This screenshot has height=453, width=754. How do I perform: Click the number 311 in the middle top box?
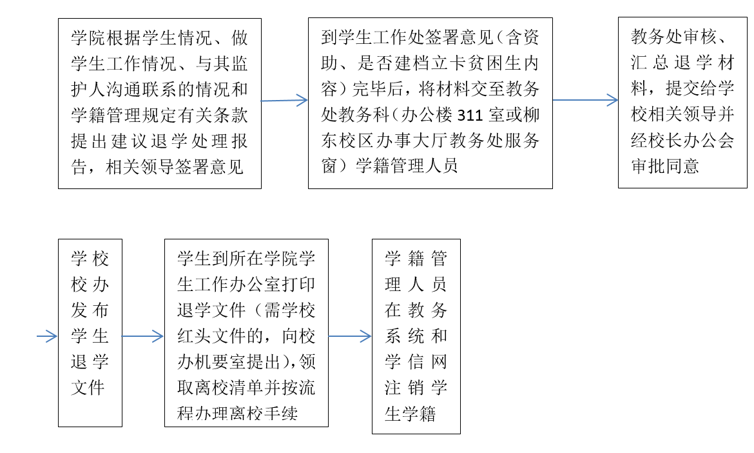click(x=469, y=115)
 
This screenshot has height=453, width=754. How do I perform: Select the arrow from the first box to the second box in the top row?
click(x=284, y=100)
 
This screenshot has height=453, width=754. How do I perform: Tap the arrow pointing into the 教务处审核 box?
click(x=585, y=100)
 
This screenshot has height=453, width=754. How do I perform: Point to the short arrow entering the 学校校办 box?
click(x=47, y=336)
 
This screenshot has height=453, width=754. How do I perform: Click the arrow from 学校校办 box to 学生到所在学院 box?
click(x=143, y=336)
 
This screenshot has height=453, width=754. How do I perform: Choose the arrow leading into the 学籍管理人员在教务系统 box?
click(x=350, y=336)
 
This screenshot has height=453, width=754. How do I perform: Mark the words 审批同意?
click(x=665, y=166)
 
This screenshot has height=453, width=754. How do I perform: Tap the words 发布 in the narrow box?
click(x=90, y=310)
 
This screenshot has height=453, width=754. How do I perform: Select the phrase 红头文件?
click(x=212, y=336)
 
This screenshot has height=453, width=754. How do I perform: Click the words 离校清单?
click(x=229, y=388)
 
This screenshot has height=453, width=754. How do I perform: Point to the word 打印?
click(x=298, y=285)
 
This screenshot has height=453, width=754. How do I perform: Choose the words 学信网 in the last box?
click(x=416, y=362)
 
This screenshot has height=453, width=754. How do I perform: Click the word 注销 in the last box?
click(x=405, y=388)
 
